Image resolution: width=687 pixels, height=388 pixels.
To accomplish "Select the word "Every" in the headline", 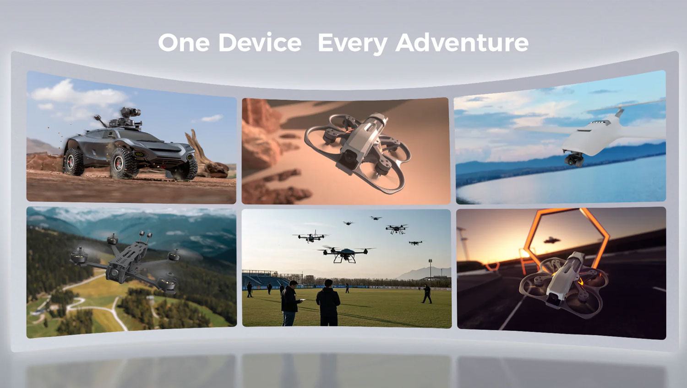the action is point(353,44).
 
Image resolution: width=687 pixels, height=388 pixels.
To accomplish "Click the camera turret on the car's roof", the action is point(131,113).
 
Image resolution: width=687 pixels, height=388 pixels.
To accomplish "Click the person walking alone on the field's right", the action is point(426,294).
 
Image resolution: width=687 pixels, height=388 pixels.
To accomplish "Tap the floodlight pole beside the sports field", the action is point(431,269).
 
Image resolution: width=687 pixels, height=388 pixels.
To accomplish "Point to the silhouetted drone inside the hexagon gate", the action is point(552,240).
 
